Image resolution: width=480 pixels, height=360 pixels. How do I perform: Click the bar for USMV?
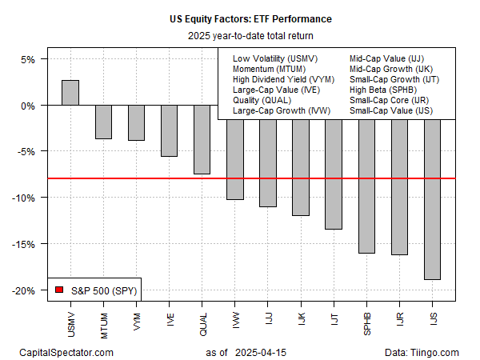(70, 93)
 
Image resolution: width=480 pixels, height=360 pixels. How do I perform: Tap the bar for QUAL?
(202, 140)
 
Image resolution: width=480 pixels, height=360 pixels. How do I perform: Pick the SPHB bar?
(366, 179)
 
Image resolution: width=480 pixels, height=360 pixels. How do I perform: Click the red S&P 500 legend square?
(58, 289)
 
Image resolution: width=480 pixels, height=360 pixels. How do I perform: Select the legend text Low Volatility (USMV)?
(274, 58)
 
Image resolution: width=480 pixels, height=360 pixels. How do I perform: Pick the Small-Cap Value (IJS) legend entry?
(391, 110)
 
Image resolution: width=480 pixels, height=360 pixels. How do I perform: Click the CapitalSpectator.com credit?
(66, 352)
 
